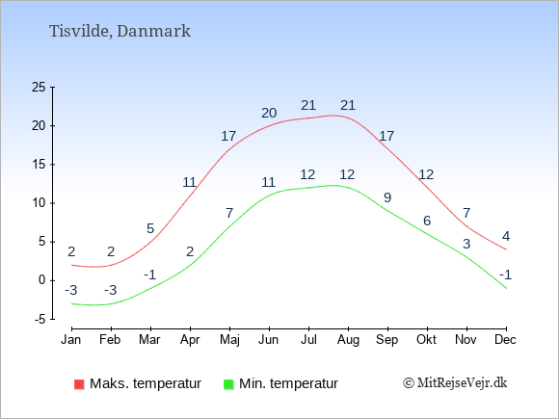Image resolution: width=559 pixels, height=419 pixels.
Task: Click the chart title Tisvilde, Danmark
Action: pos(120,32)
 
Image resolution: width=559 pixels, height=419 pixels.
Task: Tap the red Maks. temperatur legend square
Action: pos(79,384)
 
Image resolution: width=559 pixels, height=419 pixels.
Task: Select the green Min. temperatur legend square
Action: pos(228,384)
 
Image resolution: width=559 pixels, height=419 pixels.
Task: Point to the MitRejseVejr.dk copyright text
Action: pos(455,383)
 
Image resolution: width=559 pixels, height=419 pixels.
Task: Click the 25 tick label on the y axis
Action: pos(39,87)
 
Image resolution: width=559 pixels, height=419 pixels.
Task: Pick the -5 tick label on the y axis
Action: pos(40,319)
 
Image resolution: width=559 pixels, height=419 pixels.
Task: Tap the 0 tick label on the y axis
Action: pos(42,280)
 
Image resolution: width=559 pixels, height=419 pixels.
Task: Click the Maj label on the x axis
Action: pos(229,340)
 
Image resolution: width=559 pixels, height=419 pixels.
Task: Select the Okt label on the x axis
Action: pos(426,340)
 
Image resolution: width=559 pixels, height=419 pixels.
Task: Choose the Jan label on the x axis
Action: pos(71,340)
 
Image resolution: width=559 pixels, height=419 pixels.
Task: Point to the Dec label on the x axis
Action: pos(505,340)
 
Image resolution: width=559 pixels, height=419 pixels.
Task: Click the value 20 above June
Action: pos(269,113)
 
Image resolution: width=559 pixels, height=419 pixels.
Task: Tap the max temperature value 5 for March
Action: pos(150,228)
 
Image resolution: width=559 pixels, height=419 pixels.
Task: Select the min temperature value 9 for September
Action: pos(387,197)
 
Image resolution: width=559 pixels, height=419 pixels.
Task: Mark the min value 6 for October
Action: pos(427,221)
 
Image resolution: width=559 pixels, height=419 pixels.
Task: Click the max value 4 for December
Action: pos(506,236)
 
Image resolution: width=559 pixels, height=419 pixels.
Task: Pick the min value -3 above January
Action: pos(71,290)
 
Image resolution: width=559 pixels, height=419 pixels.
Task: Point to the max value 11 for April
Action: pos(190,182)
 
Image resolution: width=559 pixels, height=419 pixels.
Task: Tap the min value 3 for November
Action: pos(466,244)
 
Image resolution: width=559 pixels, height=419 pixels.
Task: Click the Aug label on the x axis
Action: pos(348,340)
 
